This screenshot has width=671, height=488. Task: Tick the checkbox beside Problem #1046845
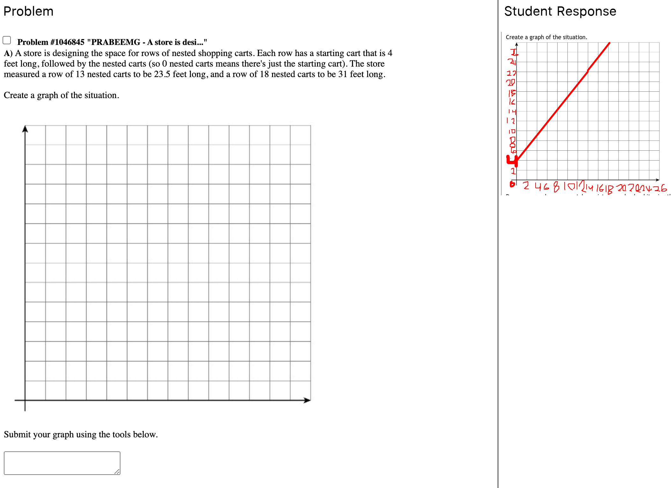7,40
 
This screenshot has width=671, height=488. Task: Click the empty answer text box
62,463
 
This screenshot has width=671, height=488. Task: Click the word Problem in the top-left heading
28,11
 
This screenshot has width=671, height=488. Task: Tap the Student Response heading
560,11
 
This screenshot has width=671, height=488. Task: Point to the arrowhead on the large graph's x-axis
307,400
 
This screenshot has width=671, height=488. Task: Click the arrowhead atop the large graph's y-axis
25,129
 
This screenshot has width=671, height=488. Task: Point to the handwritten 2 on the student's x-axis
526,185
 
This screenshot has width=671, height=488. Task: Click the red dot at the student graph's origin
512,184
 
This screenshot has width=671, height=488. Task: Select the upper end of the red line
609,43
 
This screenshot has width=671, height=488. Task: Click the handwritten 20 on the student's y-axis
510,83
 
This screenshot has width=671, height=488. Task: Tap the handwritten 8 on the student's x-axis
556,187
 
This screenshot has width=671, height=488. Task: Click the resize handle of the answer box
117,471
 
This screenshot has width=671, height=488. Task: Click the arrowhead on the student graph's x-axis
657,180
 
